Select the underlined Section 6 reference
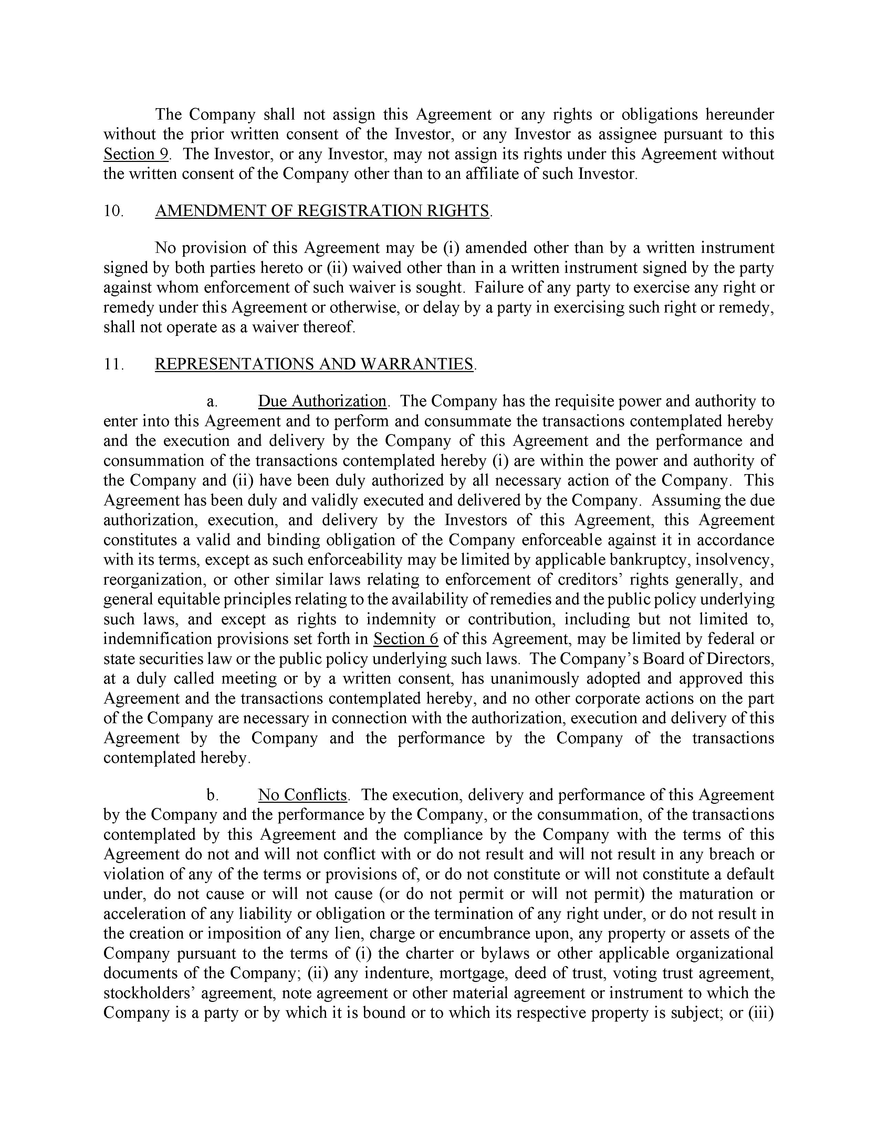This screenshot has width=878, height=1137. [406, 639]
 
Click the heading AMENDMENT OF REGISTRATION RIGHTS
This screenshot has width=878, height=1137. [322, 211]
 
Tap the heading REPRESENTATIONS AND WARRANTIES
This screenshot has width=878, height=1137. [314, 364]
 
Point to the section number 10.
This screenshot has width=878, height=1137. [113, 211]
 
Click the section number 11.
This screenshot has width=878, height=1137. [113, 364]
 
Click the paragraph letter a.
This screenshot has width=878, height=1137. [212, 402]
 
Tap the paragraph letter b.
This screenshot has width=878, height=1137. [212, 796]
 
